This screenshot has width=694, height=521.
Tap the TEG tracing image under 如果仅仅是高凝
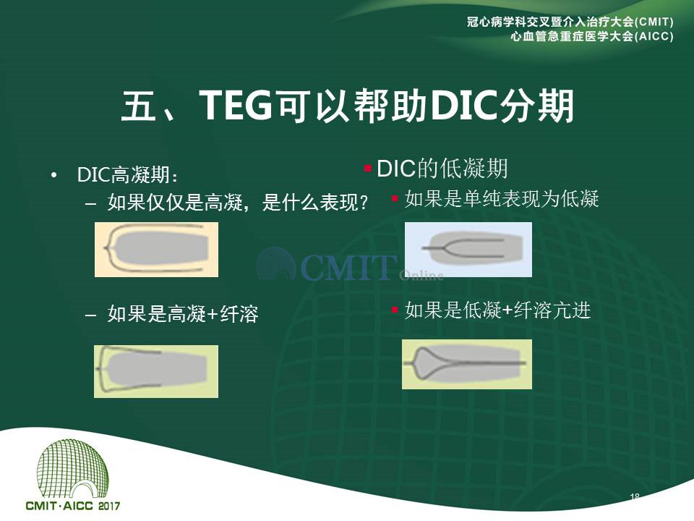(x=156, y=250)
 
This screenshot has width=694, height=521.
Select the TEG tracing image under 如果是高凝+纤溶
(x=156, y=371)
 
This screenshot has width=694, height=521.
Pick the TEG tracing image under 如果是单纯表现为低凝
(x=468, y=250)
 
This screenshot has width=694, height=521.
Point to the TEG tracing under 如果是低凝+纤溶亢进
(x=467, y=364)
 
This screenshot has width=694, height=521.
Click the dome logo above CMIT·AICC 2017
(x=72, y=469)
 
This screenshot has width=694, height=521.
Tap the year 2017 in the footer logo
(x=109, y=506)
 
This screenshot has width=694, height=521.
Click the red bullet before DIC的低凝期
(x=367, y=169)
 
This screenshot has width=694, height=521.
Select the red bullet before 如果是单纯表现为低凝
(x=395, y=198)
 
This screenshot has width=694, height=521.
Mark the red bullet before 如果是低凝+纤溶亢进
(x=395, y=309)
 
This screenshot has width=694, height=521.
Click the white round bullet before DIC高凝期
(x=54, y=175)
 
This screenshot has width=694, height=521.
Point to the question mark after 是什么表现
(x=364, y=203)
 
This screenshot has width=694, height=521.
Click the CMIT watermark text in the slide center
(x=348, y=267)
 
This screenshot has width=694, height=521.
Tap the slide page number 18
(x=635, y=497)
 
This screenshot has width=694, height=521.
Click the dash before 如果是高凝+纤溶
(x=91, y=315)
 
